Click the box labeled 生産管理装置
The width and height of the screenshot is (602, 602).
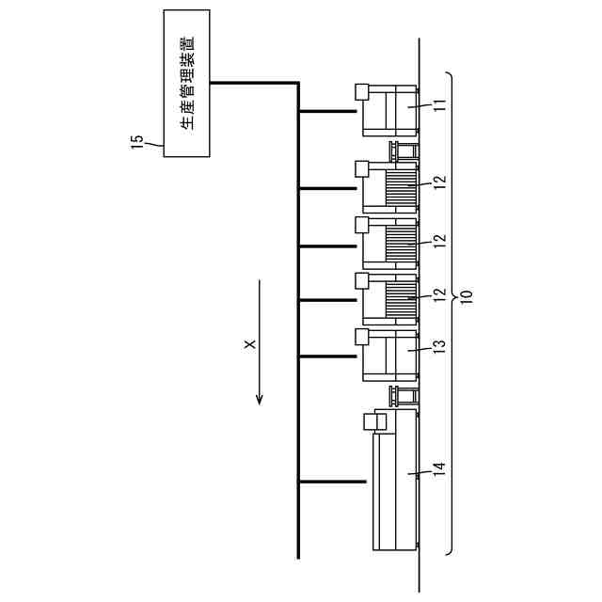click(186, 83)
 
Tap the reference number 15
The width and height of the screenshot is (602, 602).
click(137, 141)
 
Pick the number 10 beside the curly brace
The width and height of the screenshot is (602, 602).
click(467, 299)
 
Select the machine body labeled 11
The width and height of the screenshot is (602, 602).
click(389, 111)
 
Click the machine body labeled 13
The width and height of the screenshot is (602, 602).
click(389, 356)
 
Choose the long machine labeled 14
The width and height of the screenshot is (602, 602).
click(395, 480)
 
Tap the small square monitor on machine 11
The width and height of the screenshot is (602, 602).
click(361, 91)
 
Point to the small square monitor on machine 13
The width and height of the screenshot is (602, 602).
click(361, 335)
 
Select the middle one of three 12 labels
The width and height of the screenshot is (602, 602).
click(438, 240)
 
